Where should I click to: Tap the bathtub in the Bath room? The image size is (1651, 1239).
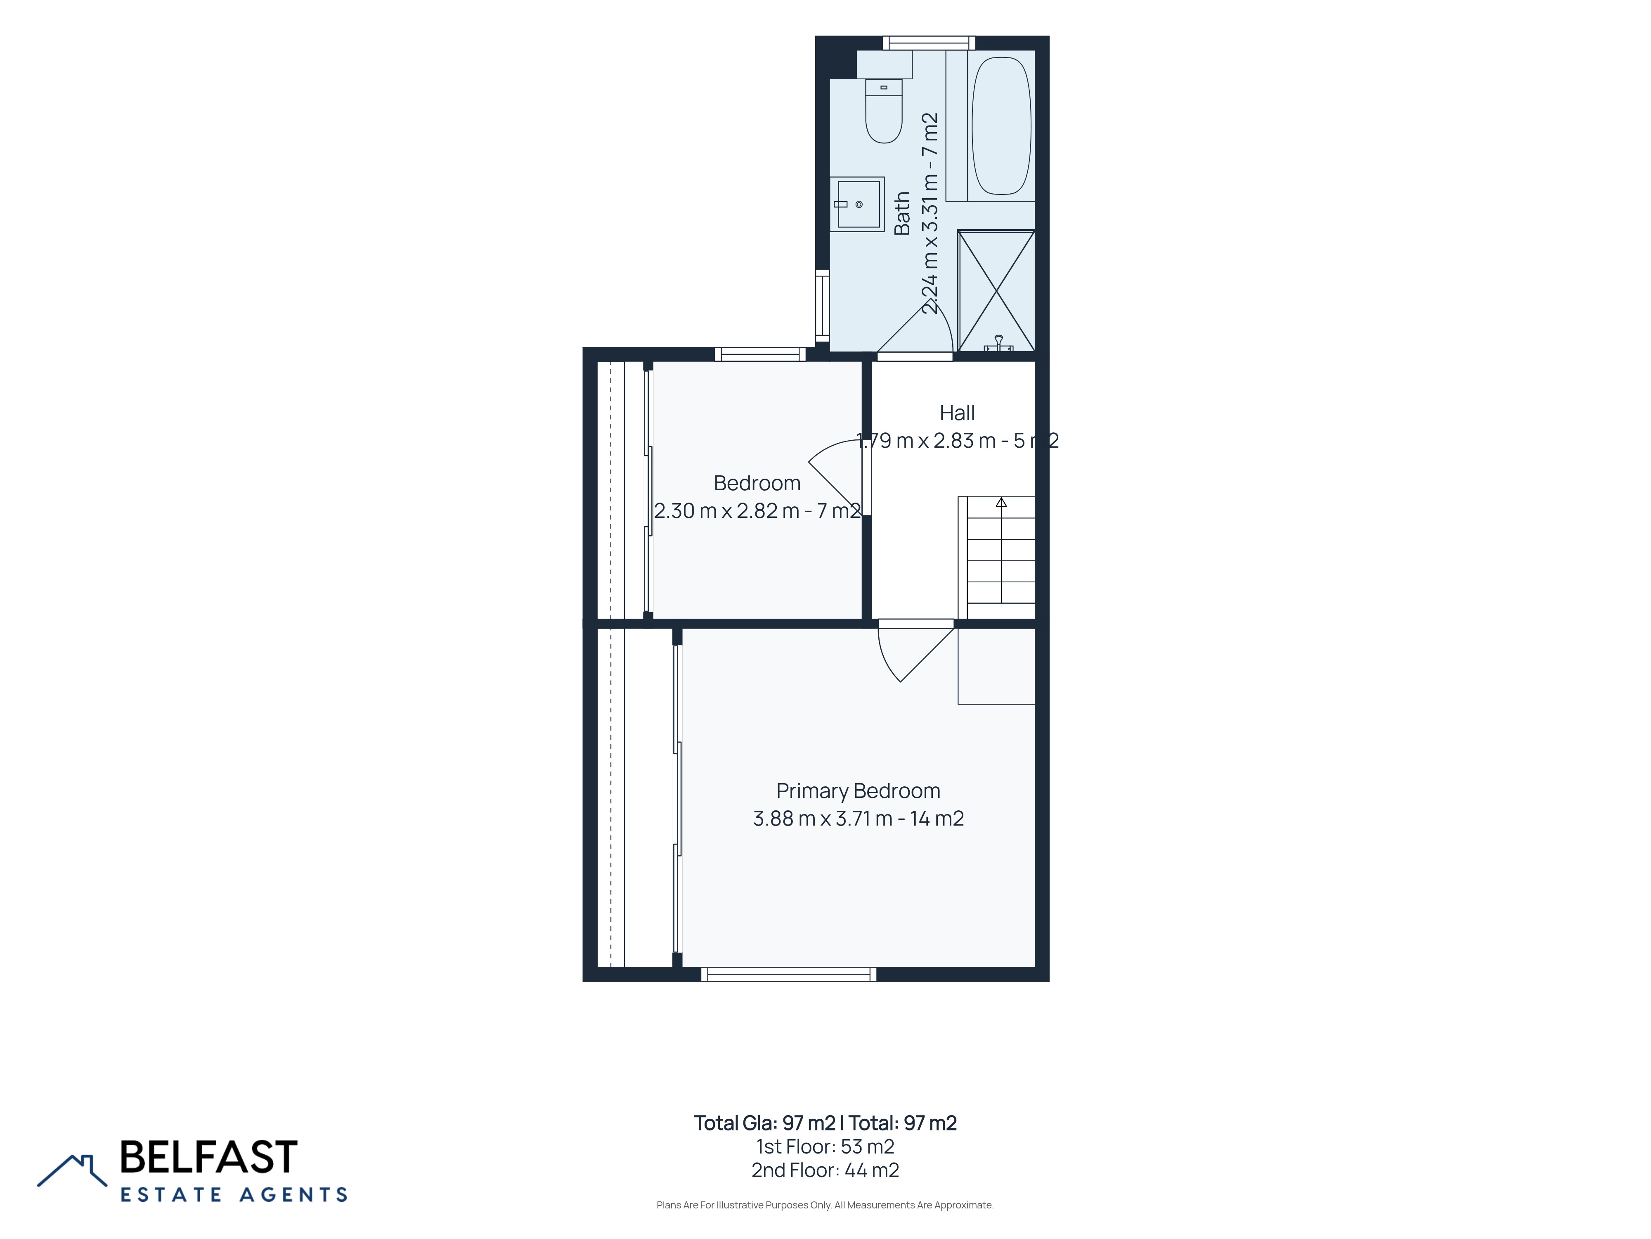(x=1001, y=126)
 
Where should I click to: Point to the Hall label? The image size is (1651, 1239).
(x=957, y=413)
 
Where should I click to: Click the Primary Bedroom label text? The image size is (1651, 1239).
(x=859, y=791)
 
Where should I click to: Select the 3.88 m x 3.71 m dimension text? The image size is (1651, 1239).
(x=859, y=819)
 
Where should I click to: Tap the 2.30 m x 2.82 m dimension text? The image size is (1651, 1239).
(x=757, y=511)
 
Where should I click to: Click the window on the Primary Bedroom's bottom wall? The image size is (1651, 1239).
(x=788, y=974)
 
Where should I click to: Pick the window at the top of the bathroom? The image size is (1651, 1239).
(x=929, y=43)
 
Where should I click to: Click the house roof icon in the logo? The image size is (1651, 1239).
(x=72, y=1170)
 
